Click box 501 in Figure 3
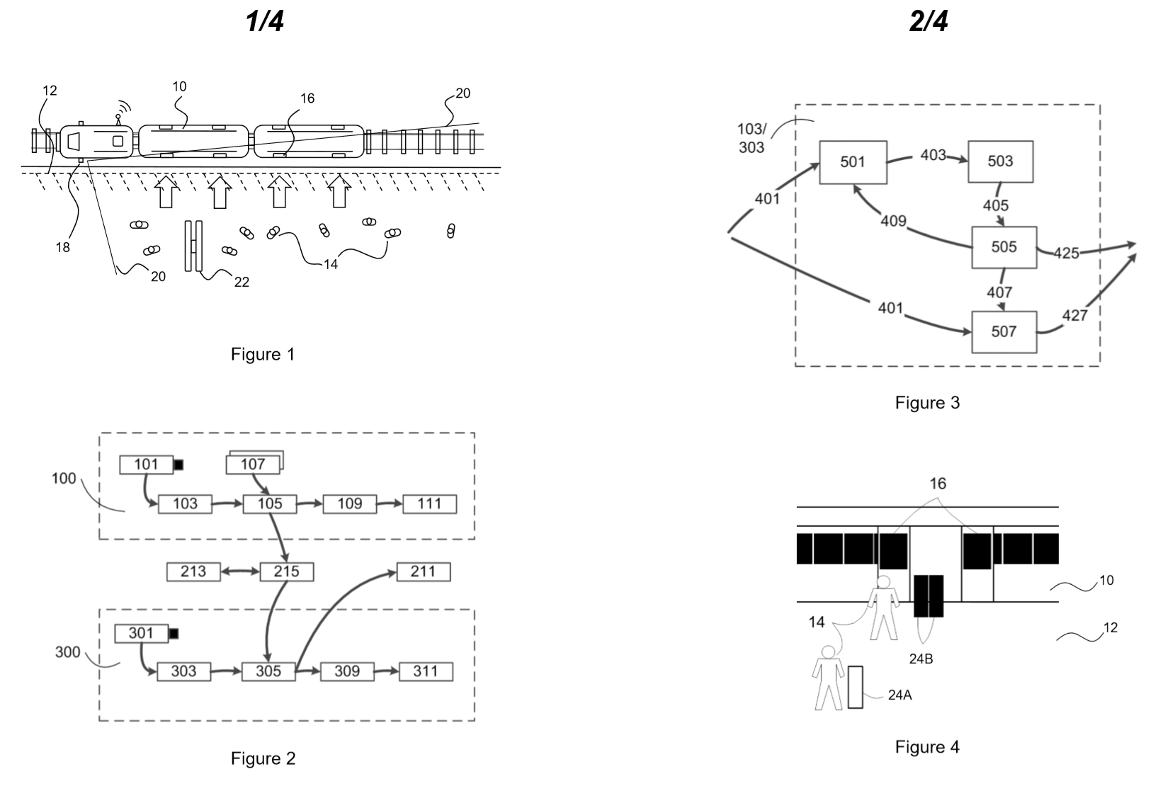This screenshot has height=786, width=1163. tap(853, 162)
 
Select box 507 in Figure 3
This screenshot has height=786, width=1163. tap(1004, 331)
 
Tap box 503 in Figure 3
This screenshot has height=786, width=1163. tap(1001, 161)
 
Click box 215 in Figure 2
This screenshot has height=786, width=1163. tap(287, 571)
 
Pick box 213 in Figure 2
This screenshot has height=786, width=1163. tap(193, 571)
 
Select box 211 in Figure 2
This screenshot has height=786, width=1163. tap(423, 571)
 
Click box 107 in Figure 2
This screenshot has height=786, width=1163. tap(253, 464)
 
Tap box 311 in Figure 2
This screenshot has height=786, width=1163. tap(426, 671)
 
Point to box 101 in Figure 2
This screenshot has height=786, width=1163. tap(147, 464)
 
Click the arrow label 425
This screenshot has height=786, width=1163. tap(1067, 253)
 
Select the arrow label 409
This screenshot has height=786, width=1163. tap(894, 221)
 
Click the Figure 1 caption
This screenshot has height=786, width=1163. tap(263, 354)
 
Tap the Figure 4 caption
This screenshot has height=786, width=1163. tap(927, 747)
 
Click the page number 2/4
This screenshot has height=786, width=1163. tap(929, 21)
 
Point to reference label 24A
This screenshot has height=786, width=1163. tap(900, 695)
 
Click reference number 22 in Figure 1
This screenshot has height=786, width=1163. tap(242, 282)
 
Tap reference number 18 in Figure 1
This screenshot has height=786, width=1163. tap(63, 247)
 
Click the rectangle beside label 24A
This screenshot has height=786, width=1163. tap(855, 688)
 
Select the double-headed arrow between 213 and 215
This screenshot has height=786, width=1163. tap(240, 571)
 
